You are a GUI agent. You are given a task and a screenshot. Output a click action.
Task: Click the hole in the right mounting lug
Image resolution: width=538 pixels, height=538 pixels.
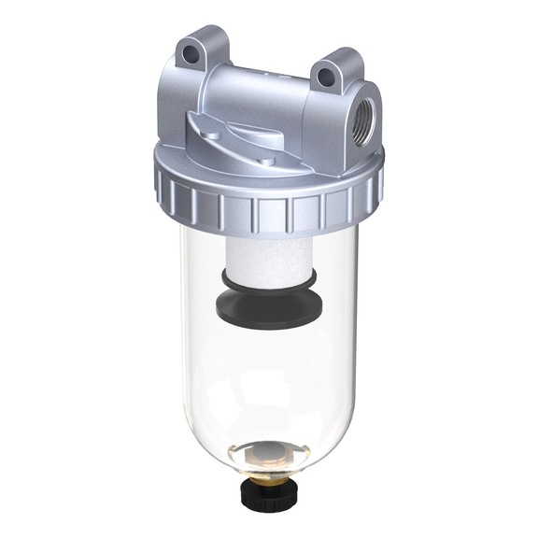[x=329, y=80]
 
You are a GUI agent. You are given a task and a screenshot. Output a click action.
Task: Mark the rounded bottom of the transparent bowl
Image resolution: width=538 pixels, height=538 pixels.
[x=215, y=439]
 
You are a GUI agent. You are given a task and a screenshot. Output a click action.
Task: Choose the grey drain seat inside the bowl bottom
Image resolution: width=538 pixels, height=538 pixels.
[x=270, y=458]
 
